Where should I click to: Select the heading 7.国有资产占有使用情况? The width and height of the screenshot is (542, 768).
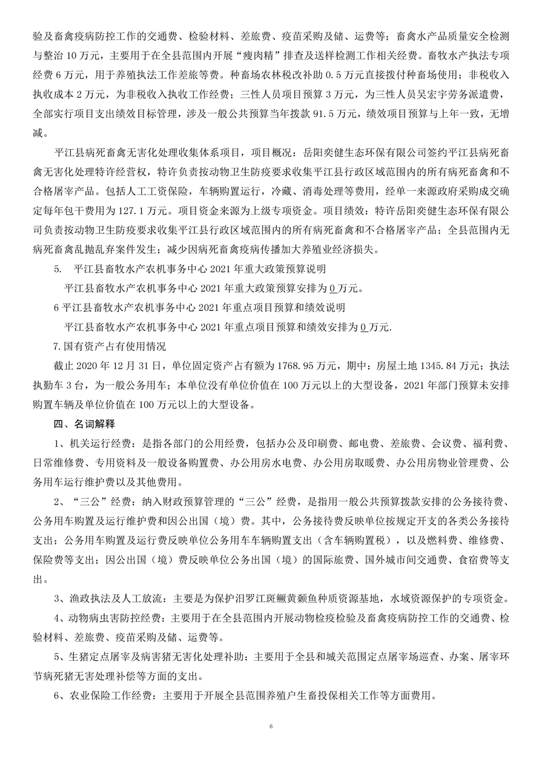tap(110, 347)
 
